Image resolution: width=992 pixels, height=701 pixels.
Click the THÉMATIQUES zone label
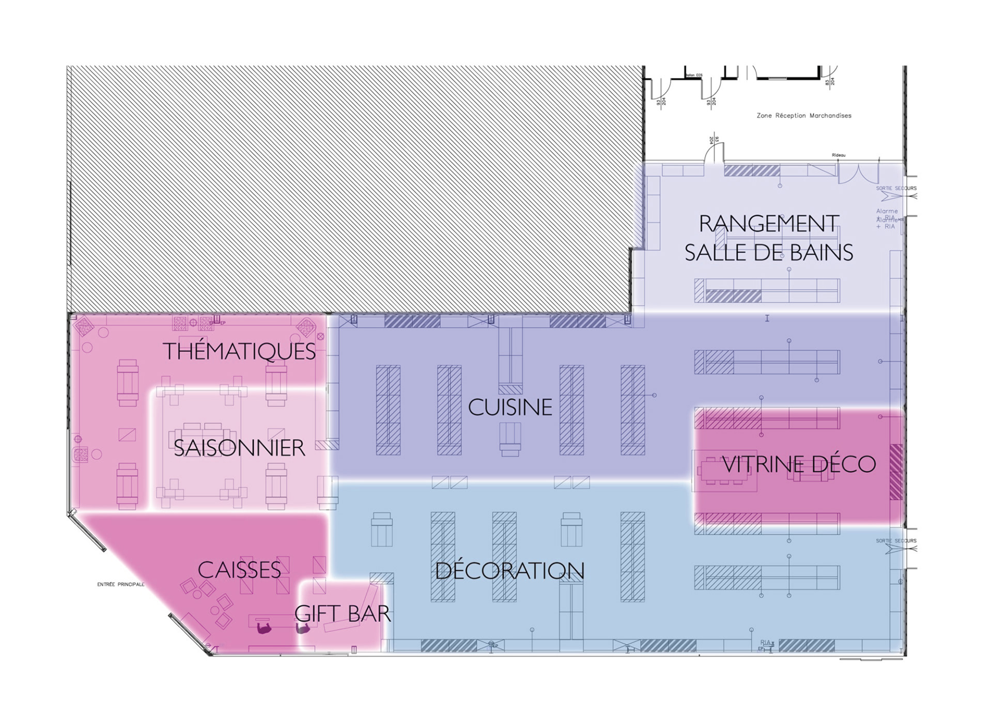tap(239, 352)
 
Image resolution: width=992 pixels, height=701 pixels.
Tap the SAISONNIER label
tap(239, 448)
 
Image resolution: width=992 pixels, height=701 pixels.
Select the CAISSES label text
tap(239, 570)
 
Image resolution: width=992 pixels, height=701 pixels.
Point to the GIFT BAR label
tap(343, 614)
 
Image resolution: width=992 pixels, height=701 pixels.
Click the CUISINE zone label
tap(510, 408)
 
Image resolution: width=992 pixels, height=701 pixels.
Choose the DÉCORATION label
tap(509, 571)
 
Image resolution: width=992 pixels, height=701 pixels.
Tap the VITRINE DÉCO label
tap(799, 464)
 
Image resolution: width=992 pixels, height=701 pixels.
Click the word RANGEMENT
tap(769, 224)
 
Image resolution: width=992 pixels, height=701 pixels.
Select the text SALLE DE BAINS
tap(769, 253)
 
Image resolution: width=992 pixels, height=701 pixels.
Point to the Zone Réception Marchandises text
tap(804, 116)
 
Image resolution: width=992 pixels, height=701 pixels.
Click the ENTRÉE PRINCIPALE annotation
tap(121, 584)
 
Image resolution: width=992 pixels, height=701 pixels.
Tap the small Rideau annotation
tap(839, 155)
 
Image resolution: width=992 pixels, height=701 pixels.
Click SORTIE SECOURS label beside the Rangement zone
tap(896, 188)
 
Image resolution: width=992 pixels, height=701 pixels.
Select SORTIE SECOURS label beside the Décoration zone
tap(896, 541)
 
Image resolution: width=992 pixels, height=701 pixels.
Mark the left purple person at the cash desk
tap(264, 628)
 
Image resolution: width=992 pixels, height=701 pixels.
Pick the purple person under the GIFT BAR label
tap(303, 628)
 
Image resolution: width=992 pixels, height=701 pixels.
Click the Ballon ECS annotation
tap(694, 75)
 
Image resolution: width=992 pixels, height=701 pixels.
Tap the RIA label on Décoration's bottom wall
tap(765, 643)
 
